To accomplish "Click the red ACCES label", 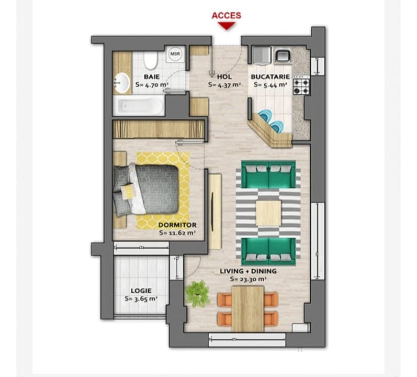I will click(x=226, y=16).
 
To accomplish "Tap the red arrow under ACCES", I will click(x=226, y=26).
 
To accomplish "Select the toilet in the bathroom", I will click(x=151, y=61).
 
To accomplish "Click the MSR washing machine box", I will click(x=174, y=54).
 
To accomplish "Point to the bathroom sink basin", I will click(x=122, y=82).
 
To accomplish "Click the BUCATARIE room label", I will click(x=270, y=76).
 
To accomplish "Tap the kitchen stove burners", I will click(x=301, y=85).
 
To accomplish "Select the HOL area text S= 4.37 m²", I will click(x=224, y=84).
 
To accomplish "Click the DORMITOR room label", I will click(x=177, y=226).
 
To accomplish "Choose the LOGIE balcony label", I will click(x=141, y=291).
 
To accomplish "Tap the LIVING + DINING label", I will click(x=248, y=272).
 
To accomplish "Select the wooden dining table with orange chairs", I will click(x=247, y=308).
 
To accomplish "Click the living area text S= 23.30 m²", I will click(x=248, y=280).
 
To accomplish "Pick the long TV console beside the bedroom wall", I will click(x=215, y=211).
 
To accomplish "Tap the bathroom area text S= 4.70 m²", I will click(x=152, y=84).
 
